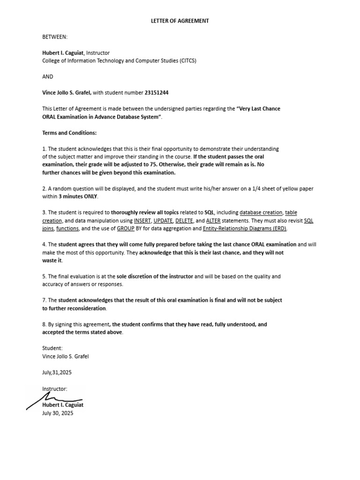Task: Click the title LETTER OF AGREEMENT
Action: tap(180, 21)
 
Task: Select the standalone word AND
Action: tap(48, 76)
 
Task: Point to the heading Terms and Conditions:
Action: tap(69, 133)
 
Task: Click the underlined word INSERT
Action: tap(142, 220)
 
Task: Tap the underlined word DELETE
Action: tap(184, 220)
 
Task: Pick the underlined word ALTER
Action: tap(213, 220)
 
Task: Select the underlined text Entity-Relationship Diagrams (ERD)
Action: tap(245, 228)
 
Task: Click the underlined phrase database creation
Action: tap(261, 212)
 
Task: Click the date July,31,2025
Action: tap(57, 372)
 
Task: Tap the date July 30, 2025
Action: tap(58, 413)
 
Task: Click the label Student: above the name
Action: tap(52, 348)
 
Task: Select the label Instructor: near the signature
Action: tap(55, 389)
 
